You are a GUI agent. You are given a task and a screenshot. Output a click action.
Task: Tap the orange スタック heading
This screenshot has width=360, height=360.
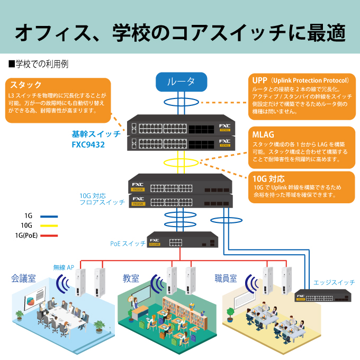pyautogui.click(x=26, y=85)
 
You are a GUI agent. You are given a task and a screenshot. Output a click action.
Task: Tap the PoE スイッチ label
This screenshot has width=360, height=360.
pyautogui.click(x=127, y=244)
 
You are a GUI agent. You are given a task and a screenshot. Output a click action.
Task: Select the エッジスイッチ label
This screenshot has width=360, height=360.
pyautogui.click(x=334, y=282)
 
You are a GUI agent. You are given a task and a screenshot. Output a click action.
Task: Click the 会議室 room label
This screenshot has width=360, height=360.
pyautogui.click(x=24, y=278)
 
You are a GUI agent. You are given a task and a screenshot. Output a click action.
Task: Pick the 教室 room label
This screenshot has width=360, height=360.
pyautogui.click(x=131, y=278)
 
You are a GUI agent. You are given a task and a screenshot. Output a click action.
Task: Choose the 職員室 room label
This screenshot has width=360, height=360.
pyautogui.click(x=226, y=278)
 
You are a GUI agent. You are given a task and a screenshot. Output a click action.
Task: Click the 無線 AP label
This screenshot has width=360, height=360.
pyautogui.click(x=64, y=267)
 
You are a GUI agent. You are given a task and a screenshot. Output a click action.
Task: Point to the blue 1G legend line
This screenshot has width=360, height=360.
pyautogui.click(x=49, y=216)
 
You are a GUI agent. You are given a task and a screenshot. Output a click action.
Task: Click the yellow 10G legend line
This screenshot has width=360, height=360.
pyautogui.click(x=49, y=226)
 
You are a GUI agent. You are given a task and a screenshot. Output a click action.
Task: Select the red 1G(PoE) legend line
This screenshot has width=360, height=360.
pyautogui.click(x=49, y=235)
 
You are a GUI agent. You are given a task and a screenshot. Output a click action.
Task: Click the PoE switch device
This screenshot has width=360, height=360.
pyautogui.click(x=182, y=241)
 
